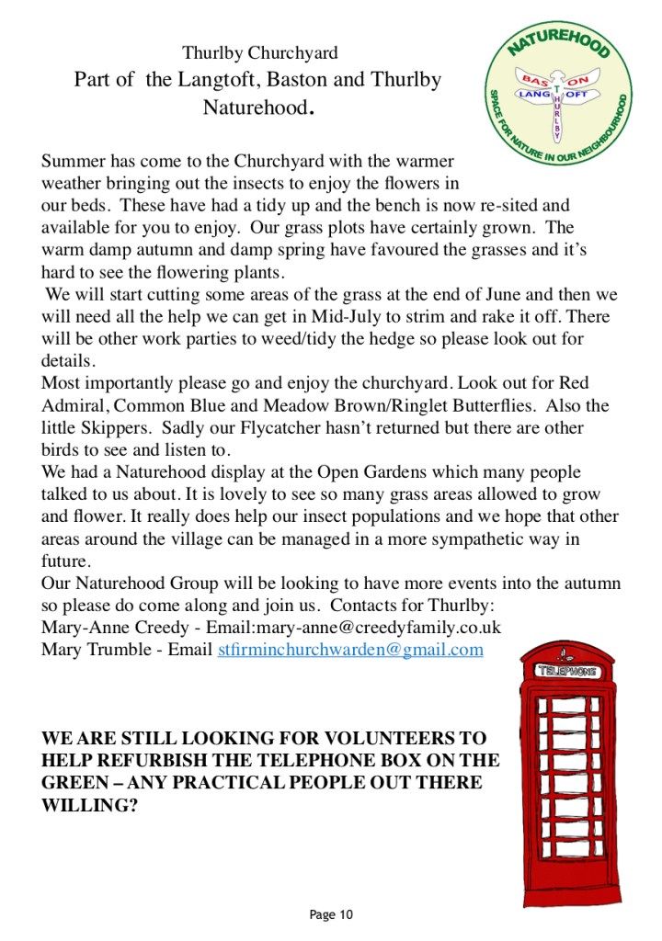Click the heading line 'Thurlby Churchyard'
click(260, 52)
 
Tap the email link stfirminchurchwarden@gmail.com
click(350, 650)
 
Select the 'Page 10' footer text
click(331, 914)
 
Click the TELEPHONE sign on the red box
click(566, 672)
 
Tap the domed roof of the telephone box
click(567, 651)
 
